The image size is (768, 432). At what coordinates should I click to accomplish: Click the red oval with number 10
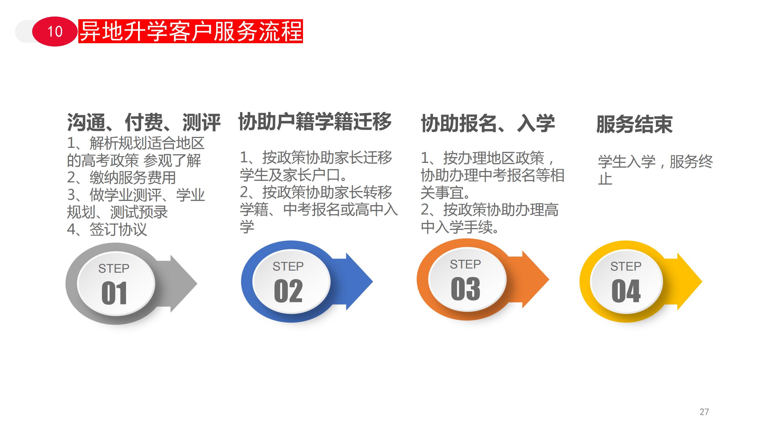point(55,31)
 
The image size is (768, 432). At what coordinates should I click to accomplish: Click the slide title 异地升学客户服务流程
point(191,31)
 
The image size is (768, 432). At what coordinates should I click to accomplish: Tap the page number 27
point(704,412)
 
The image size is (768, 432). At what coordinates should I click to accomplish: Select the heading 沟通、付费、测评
point(144,123)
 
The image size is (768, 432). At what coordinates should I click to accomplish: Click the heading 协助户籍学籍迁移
point(315,121)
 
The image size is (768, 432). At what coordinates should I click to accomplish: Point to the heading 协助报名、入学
point(488,123)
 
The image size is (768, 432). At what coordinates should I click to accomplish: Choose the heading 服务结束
point(634,124)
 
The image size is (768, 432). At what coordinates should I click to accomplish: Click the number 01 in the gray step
point(114,293)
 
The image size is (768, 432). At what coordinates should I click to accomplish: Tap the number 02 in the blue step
point(288,291)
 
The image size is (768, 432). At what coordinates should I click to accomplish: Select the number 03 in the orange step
point(465,289)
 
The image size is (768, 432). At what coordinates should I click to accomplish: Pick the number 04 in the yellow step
point(626,291)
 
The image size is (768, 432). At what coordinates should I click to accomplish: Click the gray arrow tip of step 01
point(197,283)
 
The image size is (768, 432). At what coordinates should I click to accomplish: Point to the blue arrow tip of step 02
point(373,281)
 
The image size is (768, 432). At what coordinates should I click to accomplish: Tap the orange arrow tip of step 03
point(549,280)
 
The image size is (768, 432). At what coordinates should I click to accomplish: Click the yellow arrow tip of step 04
point(702,281)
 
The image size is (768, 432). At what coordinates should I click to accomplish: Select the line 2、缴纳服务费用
point(121,178)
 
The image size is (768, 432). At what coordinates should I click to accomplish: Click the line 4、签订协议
point(107,229)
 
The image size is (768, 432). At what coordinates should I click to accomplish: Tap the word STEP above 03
point(465,264)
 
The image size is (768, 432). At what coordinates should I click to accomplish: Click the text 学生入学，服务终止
point(655,170)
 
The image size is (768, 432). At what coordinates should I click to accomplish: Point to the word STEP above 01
point(114,268)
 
